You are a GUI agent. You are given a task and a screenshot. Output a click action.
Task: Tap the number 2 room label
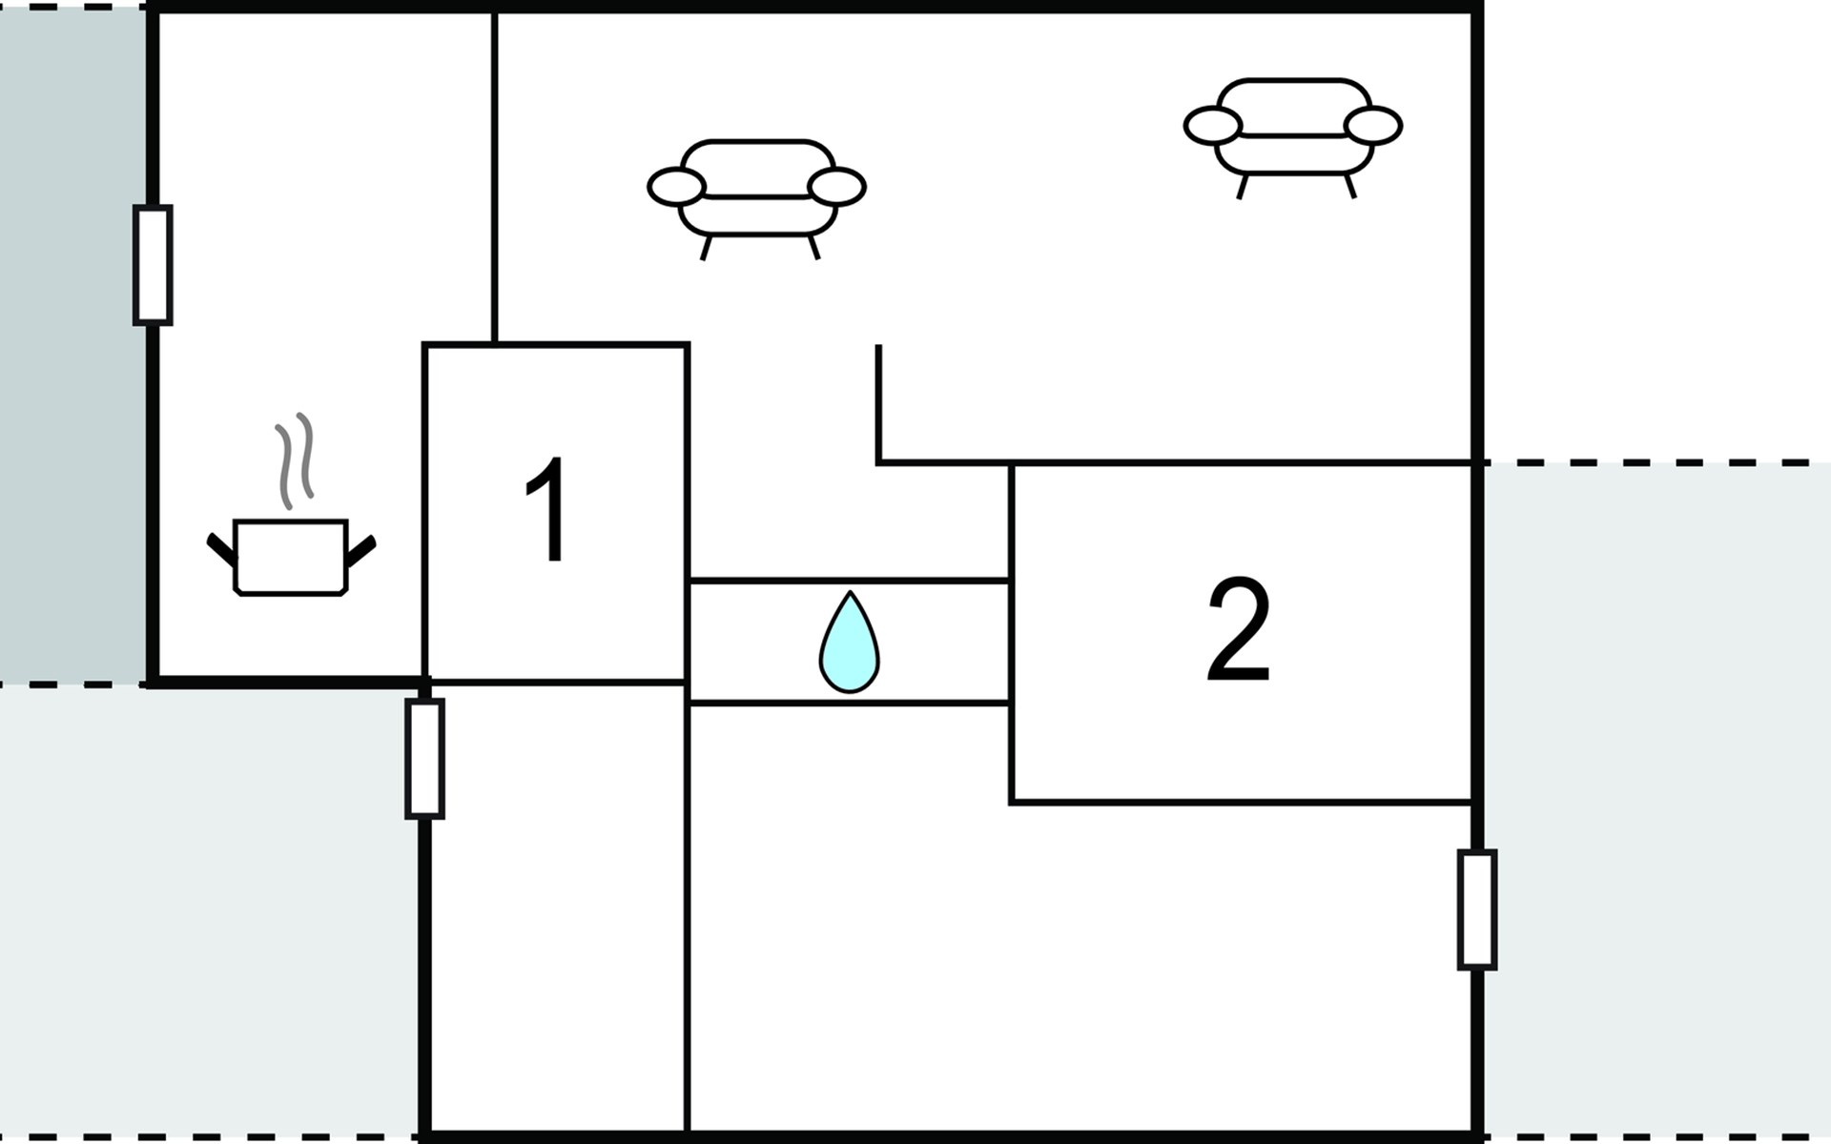click(x=1239, y=630)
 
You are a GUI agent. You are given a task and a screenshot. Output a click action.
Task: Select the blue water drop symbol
click(x=849, y=644)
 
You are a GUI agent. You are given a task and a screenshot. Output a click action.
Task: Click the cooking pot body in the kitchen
click(x=290, y=557)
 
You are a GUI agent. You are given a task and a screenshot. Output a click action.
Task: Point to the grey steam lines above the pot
click(x=294, y=460)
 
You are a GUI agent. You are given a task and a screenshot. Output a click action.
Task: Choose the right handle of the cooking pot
click(x=360, y=550)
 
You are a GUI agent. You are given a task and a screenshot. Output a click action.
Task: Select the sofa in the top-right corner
click(x=1293, y=129)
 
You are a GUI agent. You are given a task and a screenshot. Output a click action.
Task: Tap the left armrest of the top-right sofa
click(x=1212, y=125)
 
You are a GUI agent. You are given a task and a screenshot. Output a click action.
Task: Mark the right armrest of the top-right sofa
click(x=1373, y=125)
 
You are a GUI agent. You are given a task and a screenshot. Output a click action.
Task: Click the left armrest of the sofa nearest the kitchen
click(x=676, y=187)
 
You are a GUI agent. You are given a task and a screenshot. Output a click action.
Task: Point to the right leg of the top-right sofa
click(x=1350, y=186)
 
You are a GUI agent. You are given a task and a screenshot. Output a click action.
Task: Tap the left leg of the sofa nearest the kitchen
click(x=706, y=248)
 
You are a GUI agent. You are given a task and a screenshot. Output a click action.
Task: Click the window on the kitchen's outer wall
click(x=153, y=264)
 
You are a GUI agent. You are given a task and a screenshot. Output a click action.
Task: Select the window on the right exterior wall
click(x=1476, y=909)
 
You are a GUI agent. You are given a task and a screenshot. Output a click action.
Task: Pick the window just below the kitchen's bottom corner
click(x=424, y=759)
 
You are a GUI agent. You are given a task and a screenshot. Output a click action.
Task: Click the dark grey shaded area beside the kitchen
click(x=72, y=343)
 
